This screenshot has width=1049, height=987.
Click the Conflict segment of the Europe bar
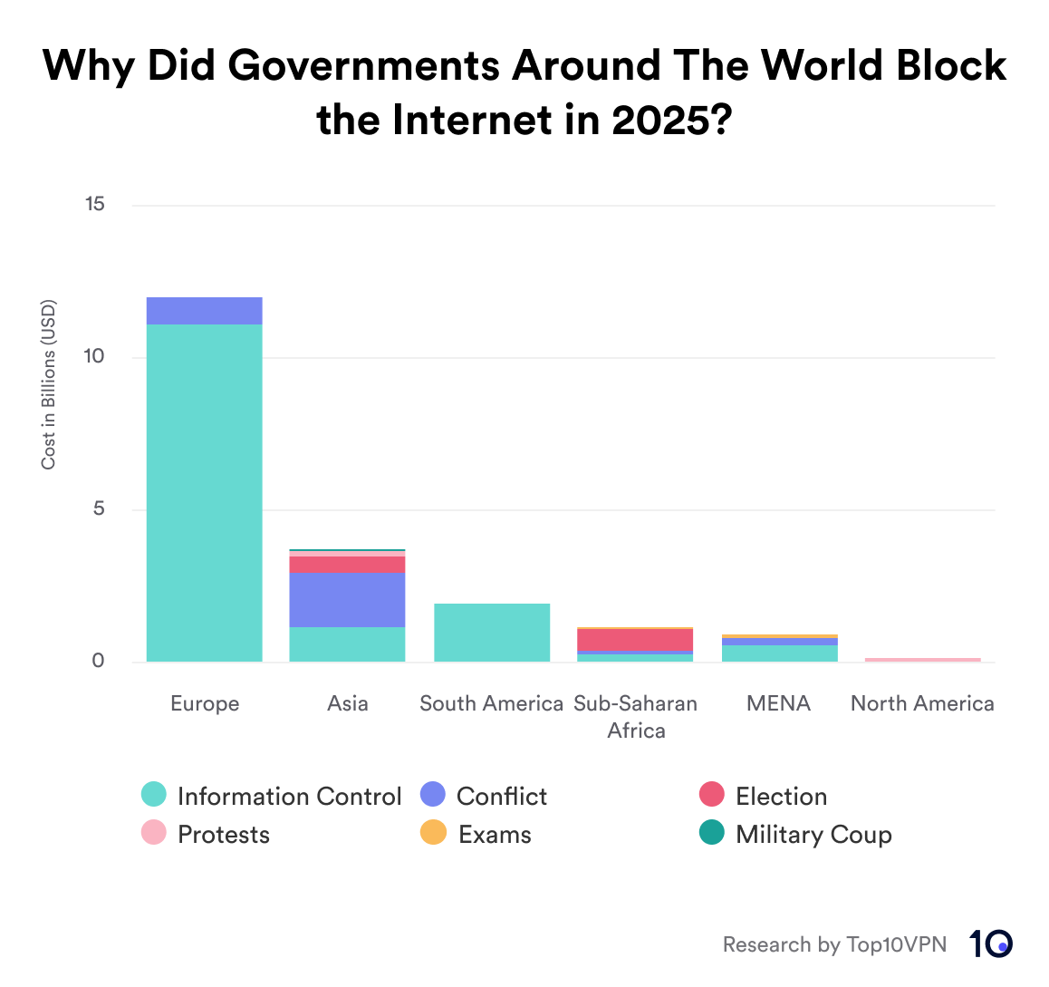(204, 311)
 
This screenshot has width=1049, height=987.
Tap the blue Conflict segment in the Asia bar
(347, 599)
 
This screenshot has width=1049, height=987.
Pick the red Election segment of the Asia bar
(347, 565)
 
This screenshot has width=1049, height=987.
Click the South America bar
(492, 633)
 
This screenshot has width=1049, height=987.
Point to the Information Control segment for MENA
(779, 653)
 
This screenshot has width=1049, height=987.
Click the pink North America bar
(922, 660)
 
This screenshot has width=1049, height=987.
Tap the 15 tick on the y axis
(95, 205)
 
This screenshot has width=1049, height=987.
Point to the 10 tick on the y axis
(95, 357)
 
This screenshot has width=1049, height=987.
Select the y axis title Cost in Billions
(49, 384)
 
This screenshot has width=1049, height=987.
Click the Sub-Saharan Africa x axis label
(635, 717)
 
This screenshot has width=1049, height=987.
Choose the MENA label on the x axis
(779, 703)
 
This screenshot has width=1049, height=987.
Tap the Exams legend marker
(434, 833)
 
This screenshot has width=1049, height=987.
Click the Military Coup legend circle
(712, 833)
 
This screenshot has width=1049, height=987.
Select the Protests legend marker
(154, 833)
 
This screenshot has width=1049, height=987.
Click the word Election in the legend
(781, 796)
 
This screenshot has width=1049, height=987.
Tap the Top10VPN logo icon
(990, 943)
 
